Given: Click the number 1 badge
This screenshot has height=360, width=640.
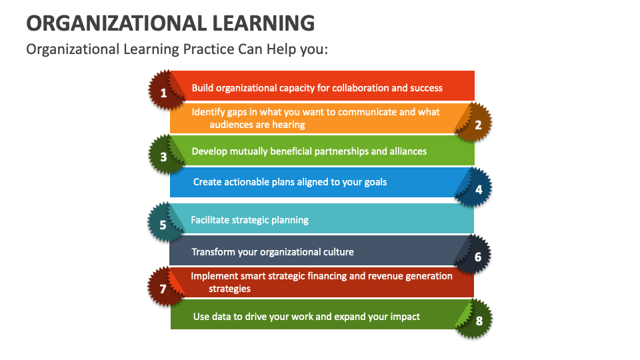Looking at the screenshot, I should [x=164, y=93].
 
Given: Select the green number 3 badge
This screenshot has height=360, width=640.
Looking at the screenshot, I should [x=164, y=157].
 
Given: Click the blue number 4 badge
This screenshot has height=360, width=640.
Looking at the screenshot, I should [x=477, y=189].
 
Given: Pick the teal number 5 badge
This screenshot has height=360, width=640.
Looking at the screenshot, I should [x=164, y=225].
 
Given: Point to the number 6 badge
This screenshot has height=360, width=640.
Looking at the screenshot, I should [x=477, y=257].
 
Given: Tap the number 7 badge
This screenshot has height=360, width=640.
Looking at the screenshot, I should [x=164, y=289].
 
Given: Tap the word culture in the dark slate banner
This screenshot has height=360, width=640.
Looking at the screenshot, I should [x=336, y=252].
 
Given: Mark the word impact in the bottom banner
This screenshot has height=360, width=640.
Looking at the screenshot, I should [x=405, y=317].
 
